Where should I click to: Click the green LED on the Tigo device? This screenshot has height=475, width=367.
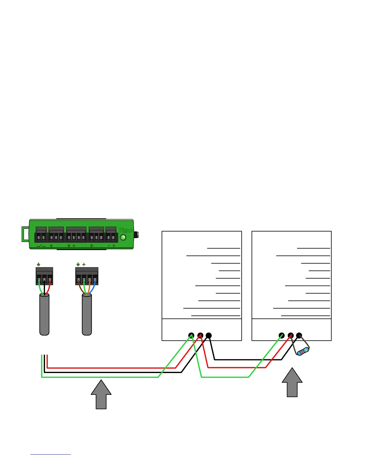click(123, 238)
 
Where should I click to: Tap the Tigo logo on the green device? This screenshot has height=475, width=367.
click(125, 230)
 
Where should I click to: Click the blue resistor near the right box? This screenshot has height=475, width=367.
click(303, 351)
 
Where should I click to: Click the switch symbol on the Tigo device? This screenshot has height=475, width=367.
click(41, 246)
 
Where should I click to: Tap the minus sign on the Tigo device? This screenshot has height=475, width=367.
click(109, 246)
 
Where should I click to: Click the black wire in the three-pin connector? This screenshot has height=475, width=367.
click(44, 288)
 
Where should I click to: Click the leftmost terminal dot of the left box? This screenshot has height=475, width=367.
click(191, 336)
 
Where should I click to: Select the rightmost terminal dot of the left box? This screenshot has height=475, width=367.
click(209, 336)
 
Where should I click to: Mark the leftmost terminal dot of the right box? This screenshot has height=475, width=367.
click(282, 336)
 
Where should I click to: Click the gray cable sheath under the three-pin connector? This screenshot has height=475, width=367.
click(44, 315)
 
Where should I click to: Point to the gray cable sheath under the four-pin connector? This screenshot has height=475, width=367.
click(87, 315)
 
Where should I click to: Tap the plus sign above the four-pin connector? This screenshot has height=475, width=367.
click(84, 264)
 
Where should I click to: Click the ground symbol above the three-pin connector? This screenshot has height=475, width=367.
click(39, 264)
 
